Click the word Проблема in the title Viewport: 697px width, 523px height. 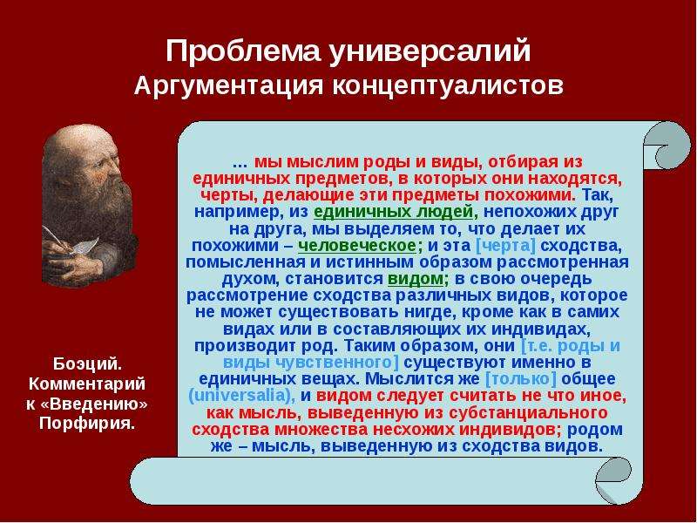(x=243, y=51)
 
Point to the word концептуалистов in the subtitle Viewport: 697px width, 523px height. (x=448, y=85)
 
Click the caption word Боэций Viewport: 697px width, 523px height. (x=87, y=363)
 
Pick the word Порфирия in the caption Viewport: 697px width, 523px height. (x=86, y=423)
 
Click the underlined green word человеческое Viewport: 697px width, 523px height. (x=357, y=246)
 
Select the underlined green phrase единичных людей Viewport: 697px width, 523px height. (x=393, y=212)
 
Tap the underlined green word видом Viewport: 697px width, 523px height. (x=416, y=279)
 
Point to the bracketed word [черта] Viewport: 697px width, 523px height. (x=505, y=246)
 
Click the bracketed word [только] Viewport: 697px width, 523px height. (x=520, y=379)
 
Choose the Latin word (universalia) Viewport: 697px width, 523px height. (x=242, y=396)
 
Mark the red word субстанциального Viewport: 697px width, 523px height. (x=528, y=412)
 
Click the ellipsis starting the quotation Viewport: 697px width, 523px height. (x=240, y=163)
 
